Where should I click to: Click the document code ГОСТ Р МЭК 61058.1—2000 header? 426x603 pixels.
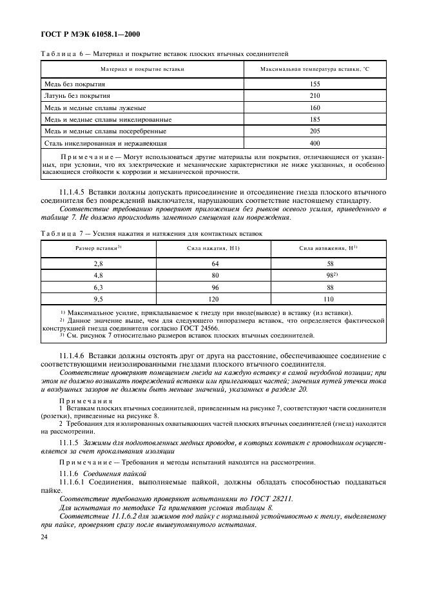pyautogui.click(x=90, y=33)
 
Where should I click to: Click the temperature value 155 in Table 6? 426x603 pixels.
pyautogui.click(x=315, y=84)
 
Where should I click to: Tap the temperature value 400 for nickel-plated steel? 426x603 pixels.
pyautogui.click(x=315, y=143)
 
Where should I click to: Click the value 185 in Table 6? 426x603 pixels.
pyautogui.click(x=315, y=119)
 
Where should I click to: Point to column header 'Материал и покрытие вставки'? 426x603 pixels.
pyautogui.click(x=142, y=68)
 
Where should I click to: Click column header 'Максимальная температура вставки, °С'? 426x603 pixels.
pyautogui.click(x=315, y=68)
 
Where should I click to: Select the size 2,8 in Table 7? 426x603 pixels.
pyautogui.click(x=98, y=264)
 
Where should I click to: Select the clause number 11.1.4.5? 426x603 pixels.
pyautogui.click(x=72, y=193)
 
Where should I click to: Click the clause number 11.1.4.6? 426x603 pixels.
pyautogui.click(x=72, y=356)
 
